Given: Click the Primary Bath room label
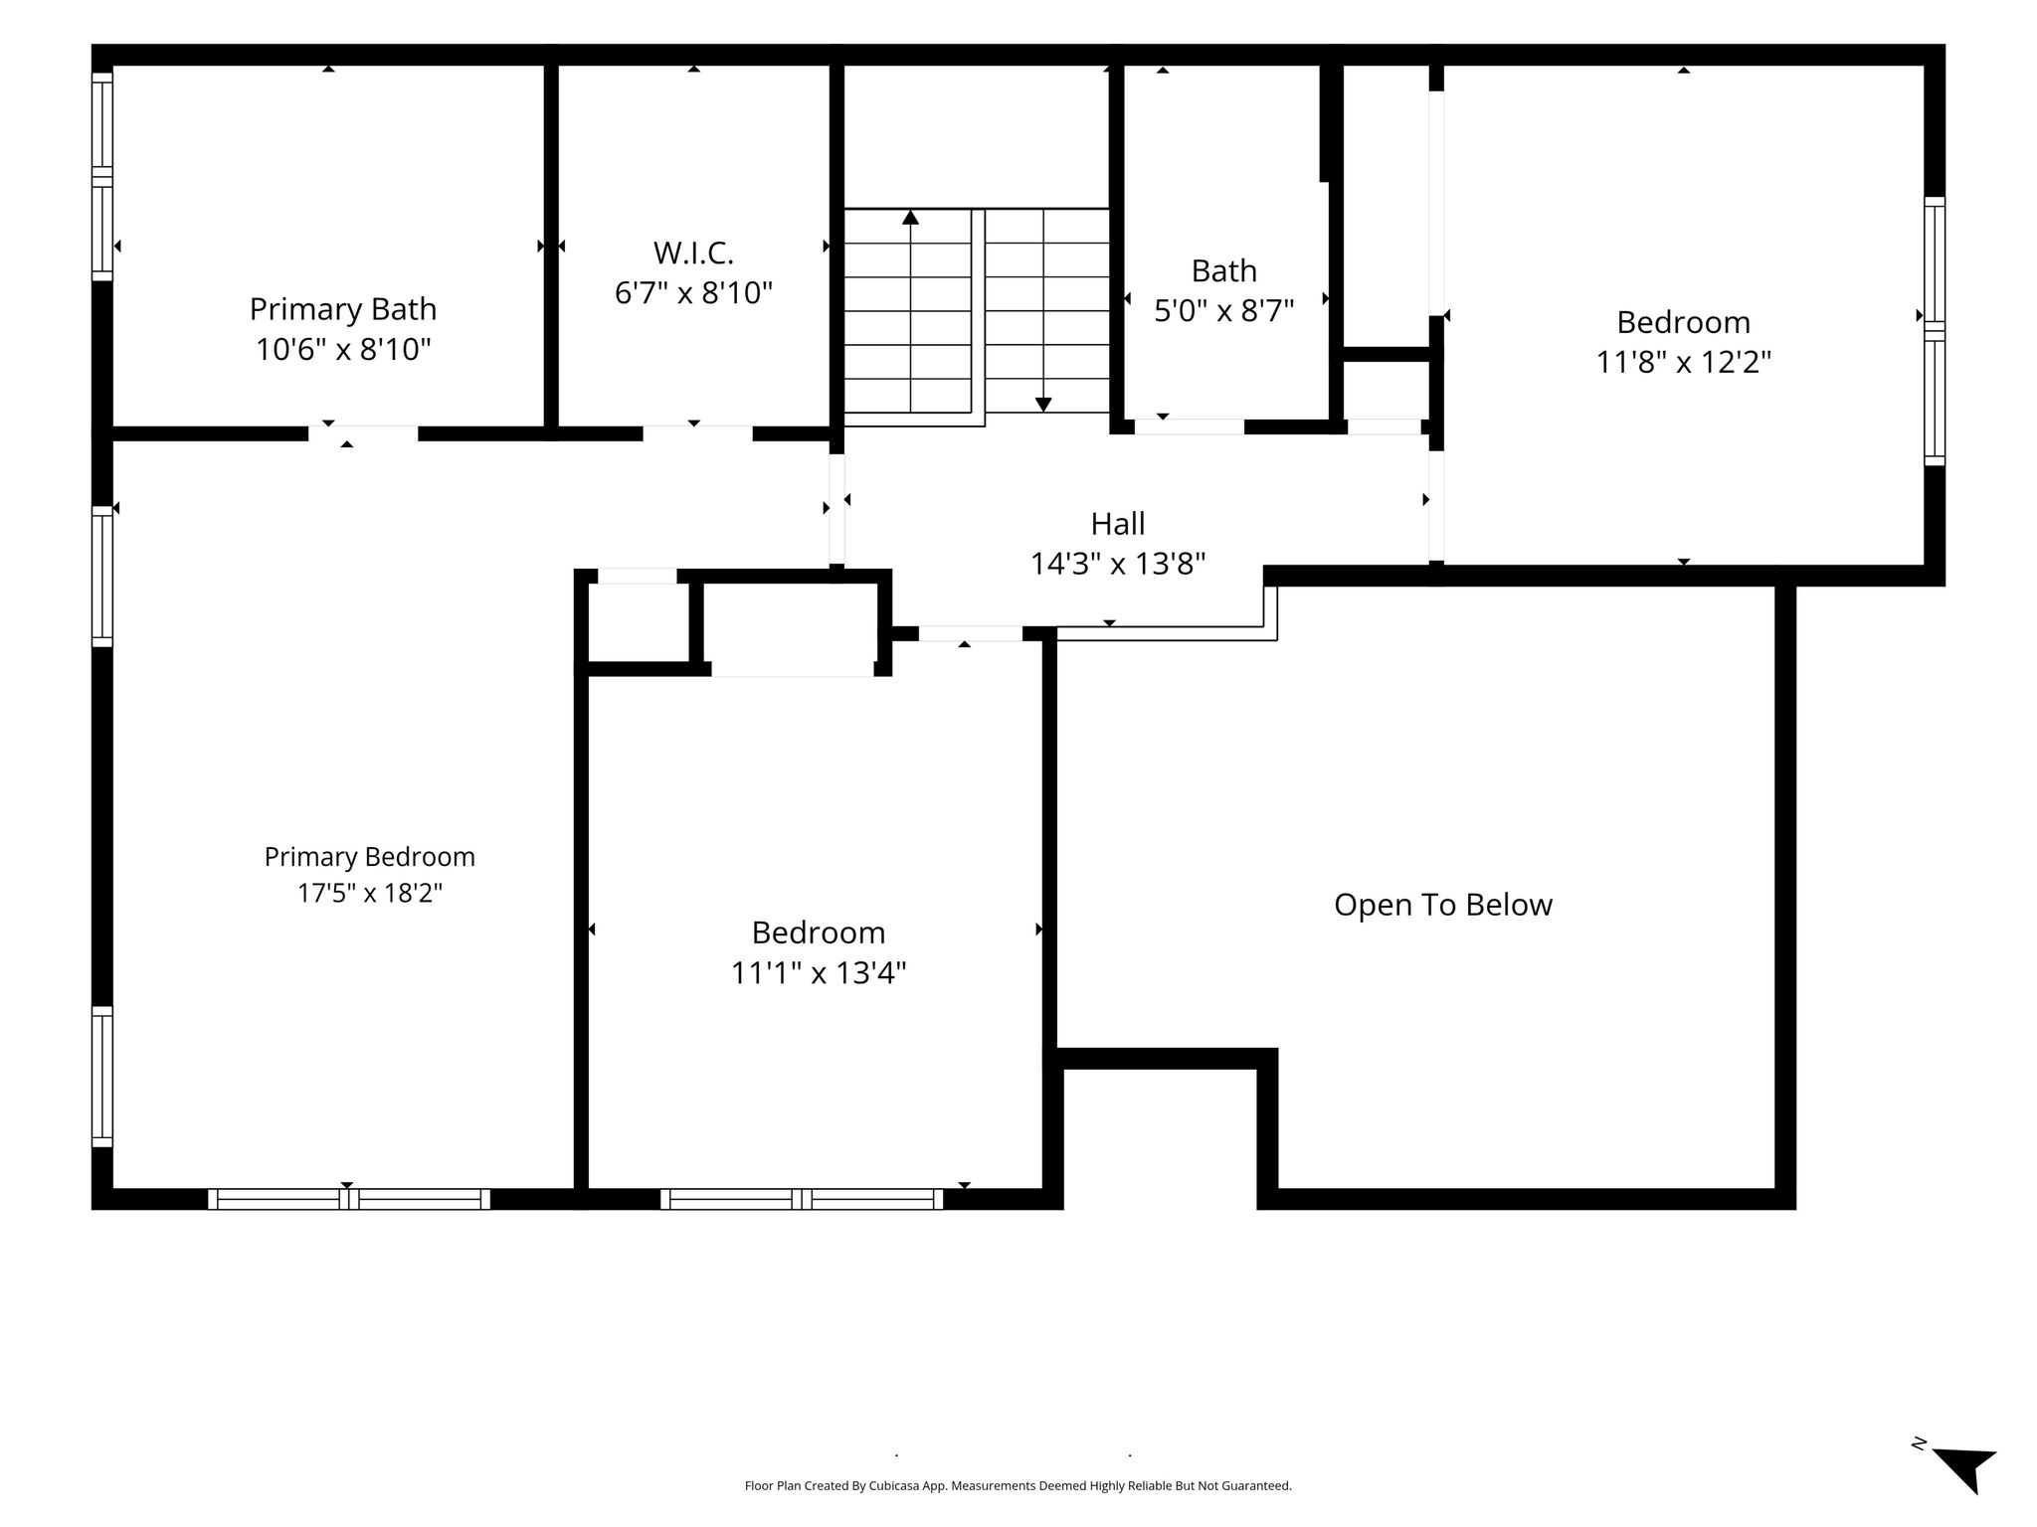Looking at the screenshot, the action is [343, 309].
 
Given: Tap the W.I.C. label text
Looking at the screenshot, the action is [693, 254].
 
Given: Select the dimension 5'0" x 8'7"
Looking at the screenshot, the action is [1223, 311].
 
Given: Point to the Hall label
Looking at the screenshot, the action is [1118, 524].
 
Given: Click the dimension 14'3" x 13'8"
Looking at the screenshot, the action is [1118, 565].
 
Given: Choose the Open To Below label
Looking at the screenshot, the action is [1443, 906].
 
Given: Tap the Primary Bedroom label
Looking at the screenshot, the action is [370, 857].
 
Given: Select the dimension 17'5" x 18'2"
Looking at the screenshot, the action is [370, 893].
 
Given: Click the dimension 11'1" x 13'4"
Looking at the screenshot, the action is [819, 972].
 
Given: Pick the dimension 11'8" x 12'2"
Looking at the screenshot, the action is [1684, 362].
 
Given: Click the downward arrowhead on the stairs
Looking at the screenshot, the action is [1042, 404].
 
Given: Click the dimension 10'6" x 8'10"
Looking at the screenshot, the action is [343, 350].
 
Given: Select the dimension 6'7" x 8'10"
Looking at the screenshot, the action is [693, 293].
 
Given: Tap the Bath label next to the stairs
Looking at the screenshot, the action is [1223, 271].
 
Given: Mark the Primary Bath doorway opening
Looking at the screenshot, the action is [363, 433].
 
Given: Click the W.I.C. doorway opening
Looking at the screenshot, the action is [697, 433].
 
